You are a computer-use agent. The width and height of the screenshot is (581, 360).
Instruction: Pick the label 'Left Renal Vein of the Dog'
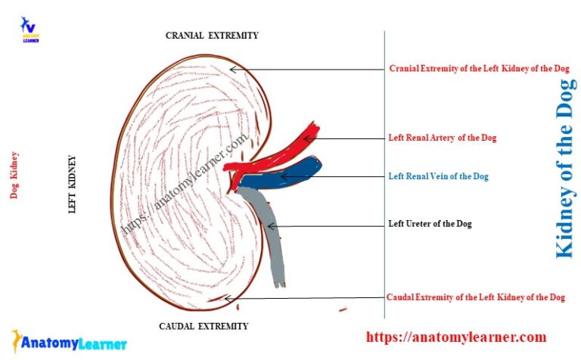tap(438, 176)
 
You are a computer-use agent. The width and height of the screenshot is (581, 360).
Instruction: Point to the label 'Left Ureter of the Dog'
tap(430, 224)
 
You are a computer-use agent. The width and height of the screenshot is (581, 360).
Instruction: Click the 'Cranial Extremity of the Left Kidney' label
tap(479, 69)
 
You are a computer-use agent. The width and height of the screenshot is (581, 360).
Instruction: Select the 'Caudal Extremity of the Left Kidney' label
tap(475, 297)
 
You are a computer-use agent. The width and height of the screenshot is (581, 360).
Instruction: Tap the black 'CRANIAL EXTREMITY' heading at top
tap(212, 36)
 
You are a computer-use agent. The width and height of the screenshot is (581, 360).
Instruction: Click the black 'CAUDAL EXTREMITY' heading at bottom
tap(203, 326)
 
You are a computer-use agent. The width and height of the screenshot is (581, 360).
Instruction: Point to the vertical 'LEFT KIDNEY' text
tap(73, 185)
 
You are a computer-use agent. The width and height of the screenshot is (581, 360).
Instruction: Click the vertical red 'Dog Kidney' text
tap(14, 175)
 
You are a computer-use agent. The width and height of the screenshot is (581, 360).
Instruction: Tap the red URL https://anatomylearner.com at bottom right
tap(455, 337)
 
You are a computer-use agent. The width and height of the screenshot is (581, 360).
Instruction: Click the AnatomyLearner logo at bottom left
tap(68, 342)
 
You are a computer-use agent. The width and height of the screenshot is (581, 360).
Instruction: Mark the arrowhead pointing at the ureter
tap(267, 225)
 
